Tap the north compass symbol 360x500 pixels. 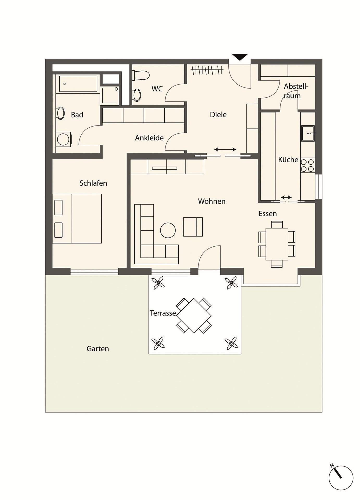pos(341,478)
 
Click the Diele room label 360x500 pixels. pos(218,115)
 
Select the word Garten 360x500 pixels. pos(98,349)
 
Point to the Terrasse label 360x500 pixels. pos(163,313)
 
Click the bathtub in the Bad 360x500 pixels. pos(78,84)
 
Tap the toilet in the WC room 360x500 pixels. pos(141,75)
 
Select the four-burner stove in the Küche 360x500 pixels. pos(308,165)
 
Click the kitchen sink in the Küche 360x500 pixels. pos(308,133)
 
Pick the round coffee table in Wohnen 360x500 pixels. pos(168,230)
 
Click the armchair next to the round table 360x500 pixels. pos(193,227)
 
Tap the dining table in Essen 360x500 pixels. pos(277,244)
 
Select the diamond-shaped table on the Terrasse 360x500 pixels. pos(194,316)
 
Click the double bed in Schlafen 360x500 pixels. pos(77,218)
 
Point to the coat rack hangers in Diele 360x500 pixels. pos(207,70)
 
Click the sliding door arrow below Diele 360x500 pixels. pos(225,149)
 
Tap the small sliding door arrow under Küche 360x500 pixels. pos(286,197)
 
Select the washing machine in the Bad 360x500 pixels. pos(63,139)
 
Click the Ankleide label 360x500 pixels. pos(149,138)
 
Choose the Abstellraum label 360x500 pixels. pos(296,91)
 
